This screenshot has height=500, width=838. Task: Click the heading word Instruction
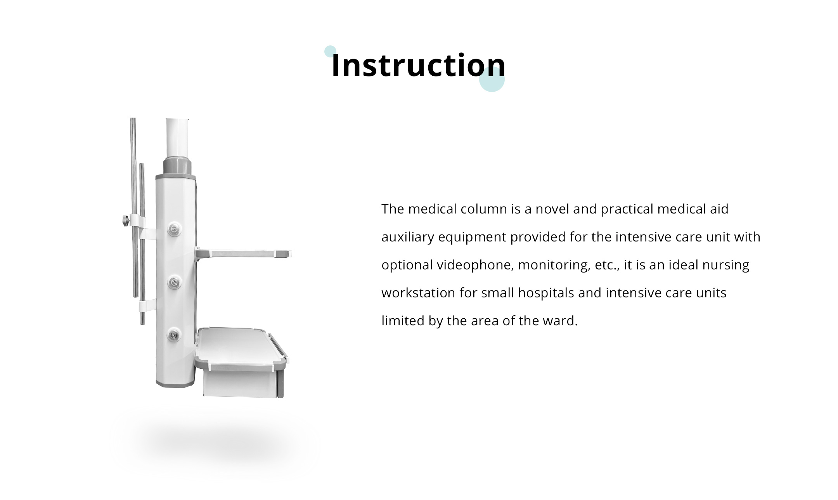click(418, 65)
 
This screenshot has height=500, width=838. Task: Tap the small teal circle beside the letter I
click(330, 51)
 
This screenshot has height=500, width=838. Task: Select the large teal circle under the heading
click(492, 79)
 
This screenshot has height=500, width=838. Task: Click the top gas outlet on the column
click(175, 229)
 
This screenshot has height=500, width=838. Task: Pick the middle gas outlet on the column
click(175, 282)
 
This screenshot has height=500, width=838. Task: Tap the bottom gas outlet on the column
click(174, 335)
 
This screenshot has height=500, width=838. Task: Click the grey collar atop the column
click(177, 166)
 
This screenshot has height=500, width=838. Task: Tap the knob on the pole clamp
click(124, 221)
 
